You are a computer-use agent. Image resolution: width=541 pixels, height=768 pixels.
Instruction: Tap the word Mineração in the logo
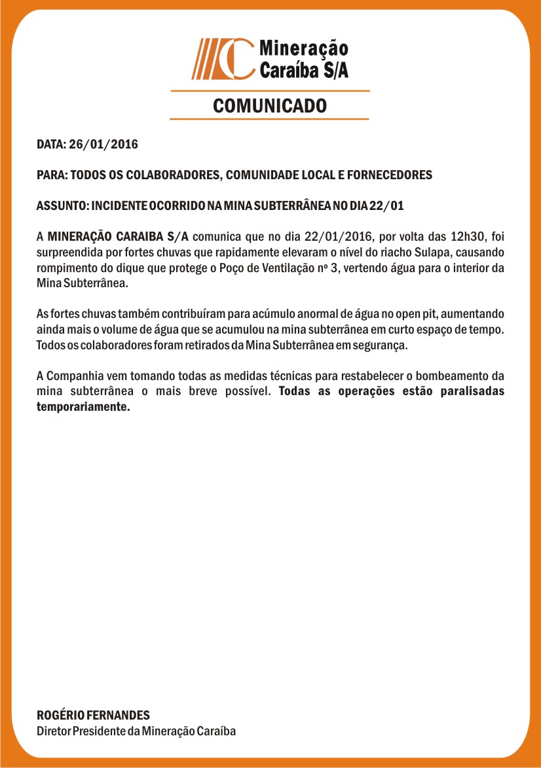(x=304, y=48)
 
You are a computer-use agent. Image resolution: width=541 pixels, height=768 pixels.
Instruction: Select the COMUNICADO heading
(x=270, y=105)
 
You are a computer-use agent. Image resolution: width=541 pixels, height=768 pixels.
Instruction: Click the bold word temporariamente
(x=83, y=407)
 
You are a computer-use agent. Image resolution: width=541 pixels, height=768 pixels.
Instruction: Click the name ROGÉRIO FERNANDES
(x=93, y=716)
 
